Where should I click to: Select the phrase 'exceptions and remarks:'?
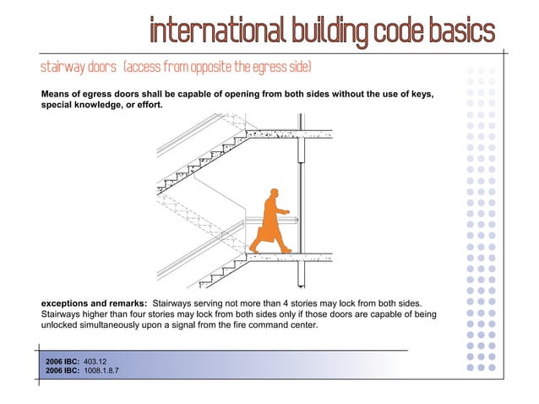click(x=94, y=302)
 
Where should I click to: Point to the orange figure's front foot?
click(x=287, y=250)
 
